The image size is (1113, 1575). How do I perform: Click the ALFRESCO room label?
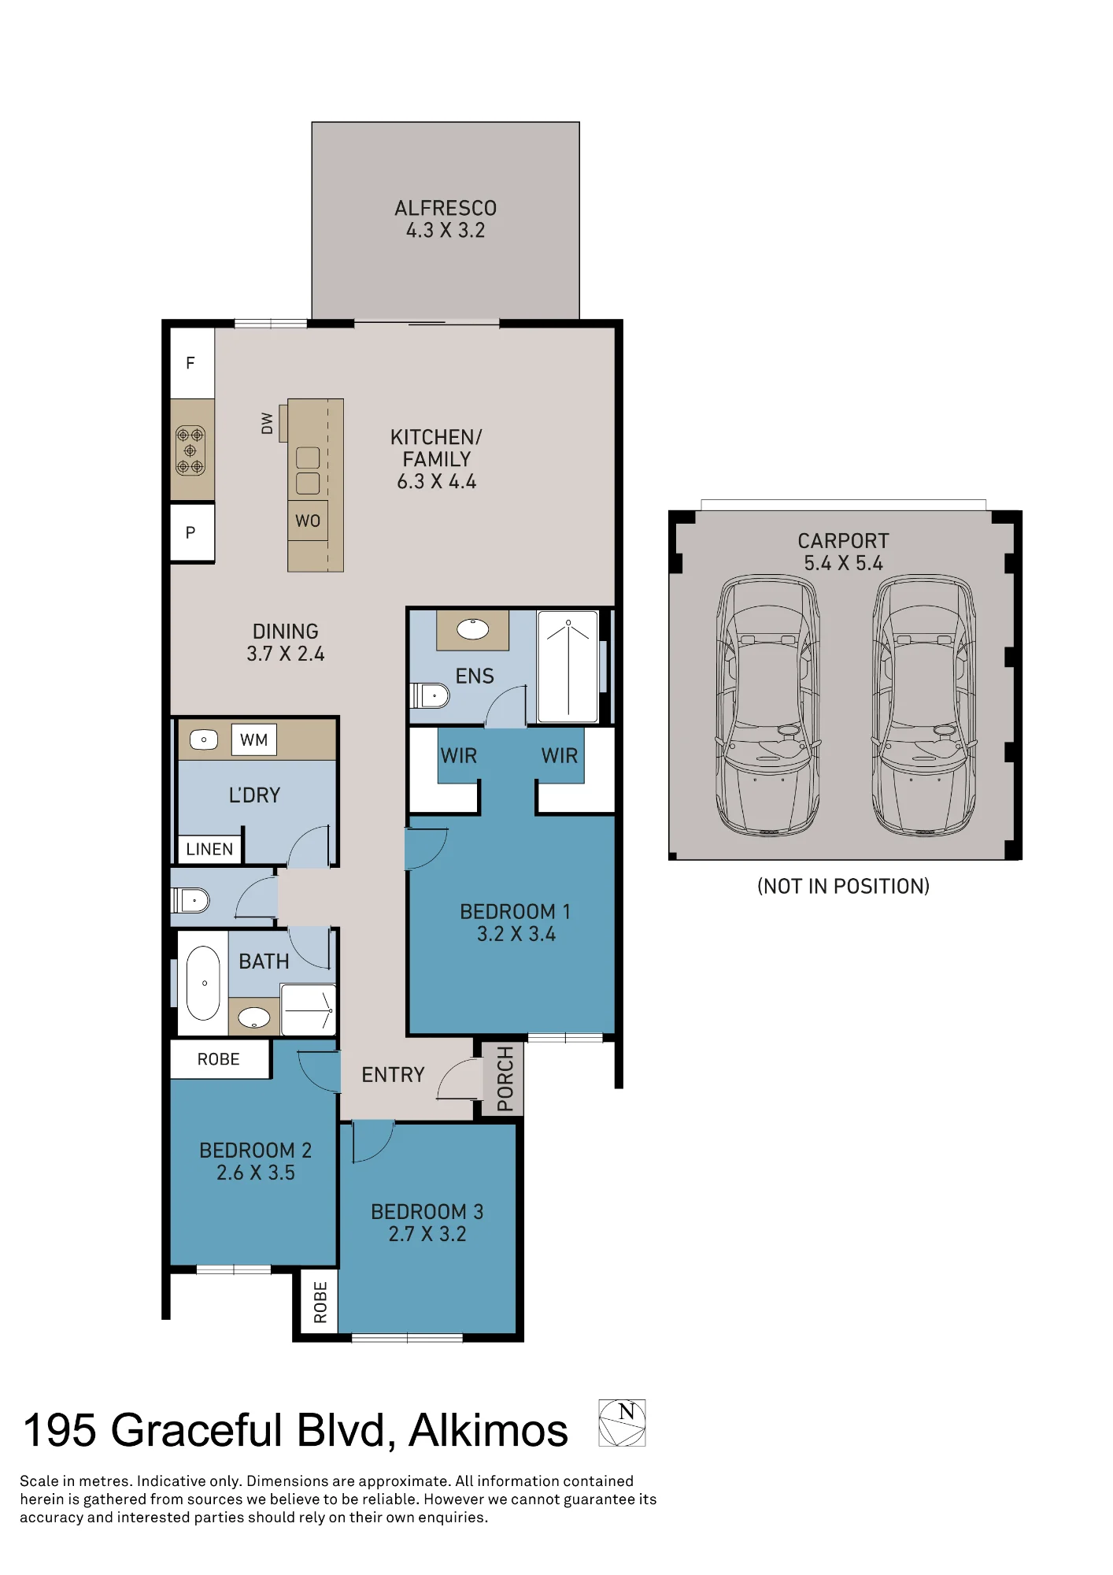pos(446,208)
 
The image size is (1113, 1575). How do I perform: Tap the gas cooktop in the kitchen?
pos(190,450)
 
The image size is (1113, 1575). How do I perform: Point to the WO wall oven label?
pos(308,521)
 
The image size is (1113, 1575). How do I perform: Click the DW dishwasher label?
pos(267,424)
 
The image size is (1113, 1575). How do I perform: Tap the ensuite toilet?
pos(430,695)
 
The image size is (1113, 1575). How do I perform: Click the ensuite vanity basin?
pos(473,629)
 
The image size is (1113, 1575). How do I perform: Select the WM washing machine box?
pos(254,739)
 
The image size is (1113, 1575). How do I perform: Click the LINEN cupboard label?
pos(209,849)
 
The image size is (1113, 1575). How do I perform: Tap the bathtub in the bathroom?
pos(203,983)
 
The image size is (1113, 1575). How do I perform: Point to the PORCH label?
pos(505,1078)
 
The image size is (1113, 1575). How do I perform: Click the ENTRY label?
pos(393,1075)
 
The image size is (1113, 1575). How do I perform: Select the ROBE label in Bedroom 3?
pos(320,1302)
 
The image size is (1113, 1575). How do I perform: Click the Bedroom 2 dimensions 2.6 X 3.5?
pos(256,1173)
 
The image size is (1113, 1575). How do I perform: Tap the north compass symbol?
pos(622,1423)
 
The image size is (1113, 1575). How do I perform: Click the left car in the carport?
pos(768,705)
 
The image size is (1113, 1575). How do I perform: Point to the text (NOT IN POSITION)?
pos(843,886)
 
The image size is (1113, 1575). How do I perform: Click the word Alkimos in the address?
pos(488,1431)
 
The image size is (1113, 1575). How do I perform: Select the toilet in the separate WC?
pos(190,900)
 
